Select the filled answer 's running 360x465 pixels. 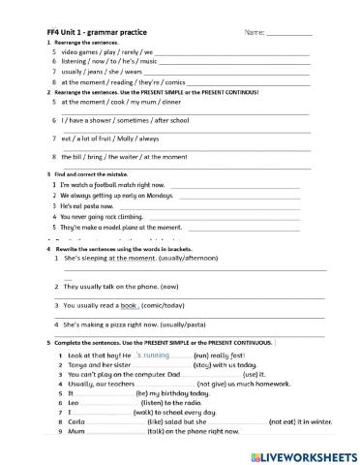point(154,356)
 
